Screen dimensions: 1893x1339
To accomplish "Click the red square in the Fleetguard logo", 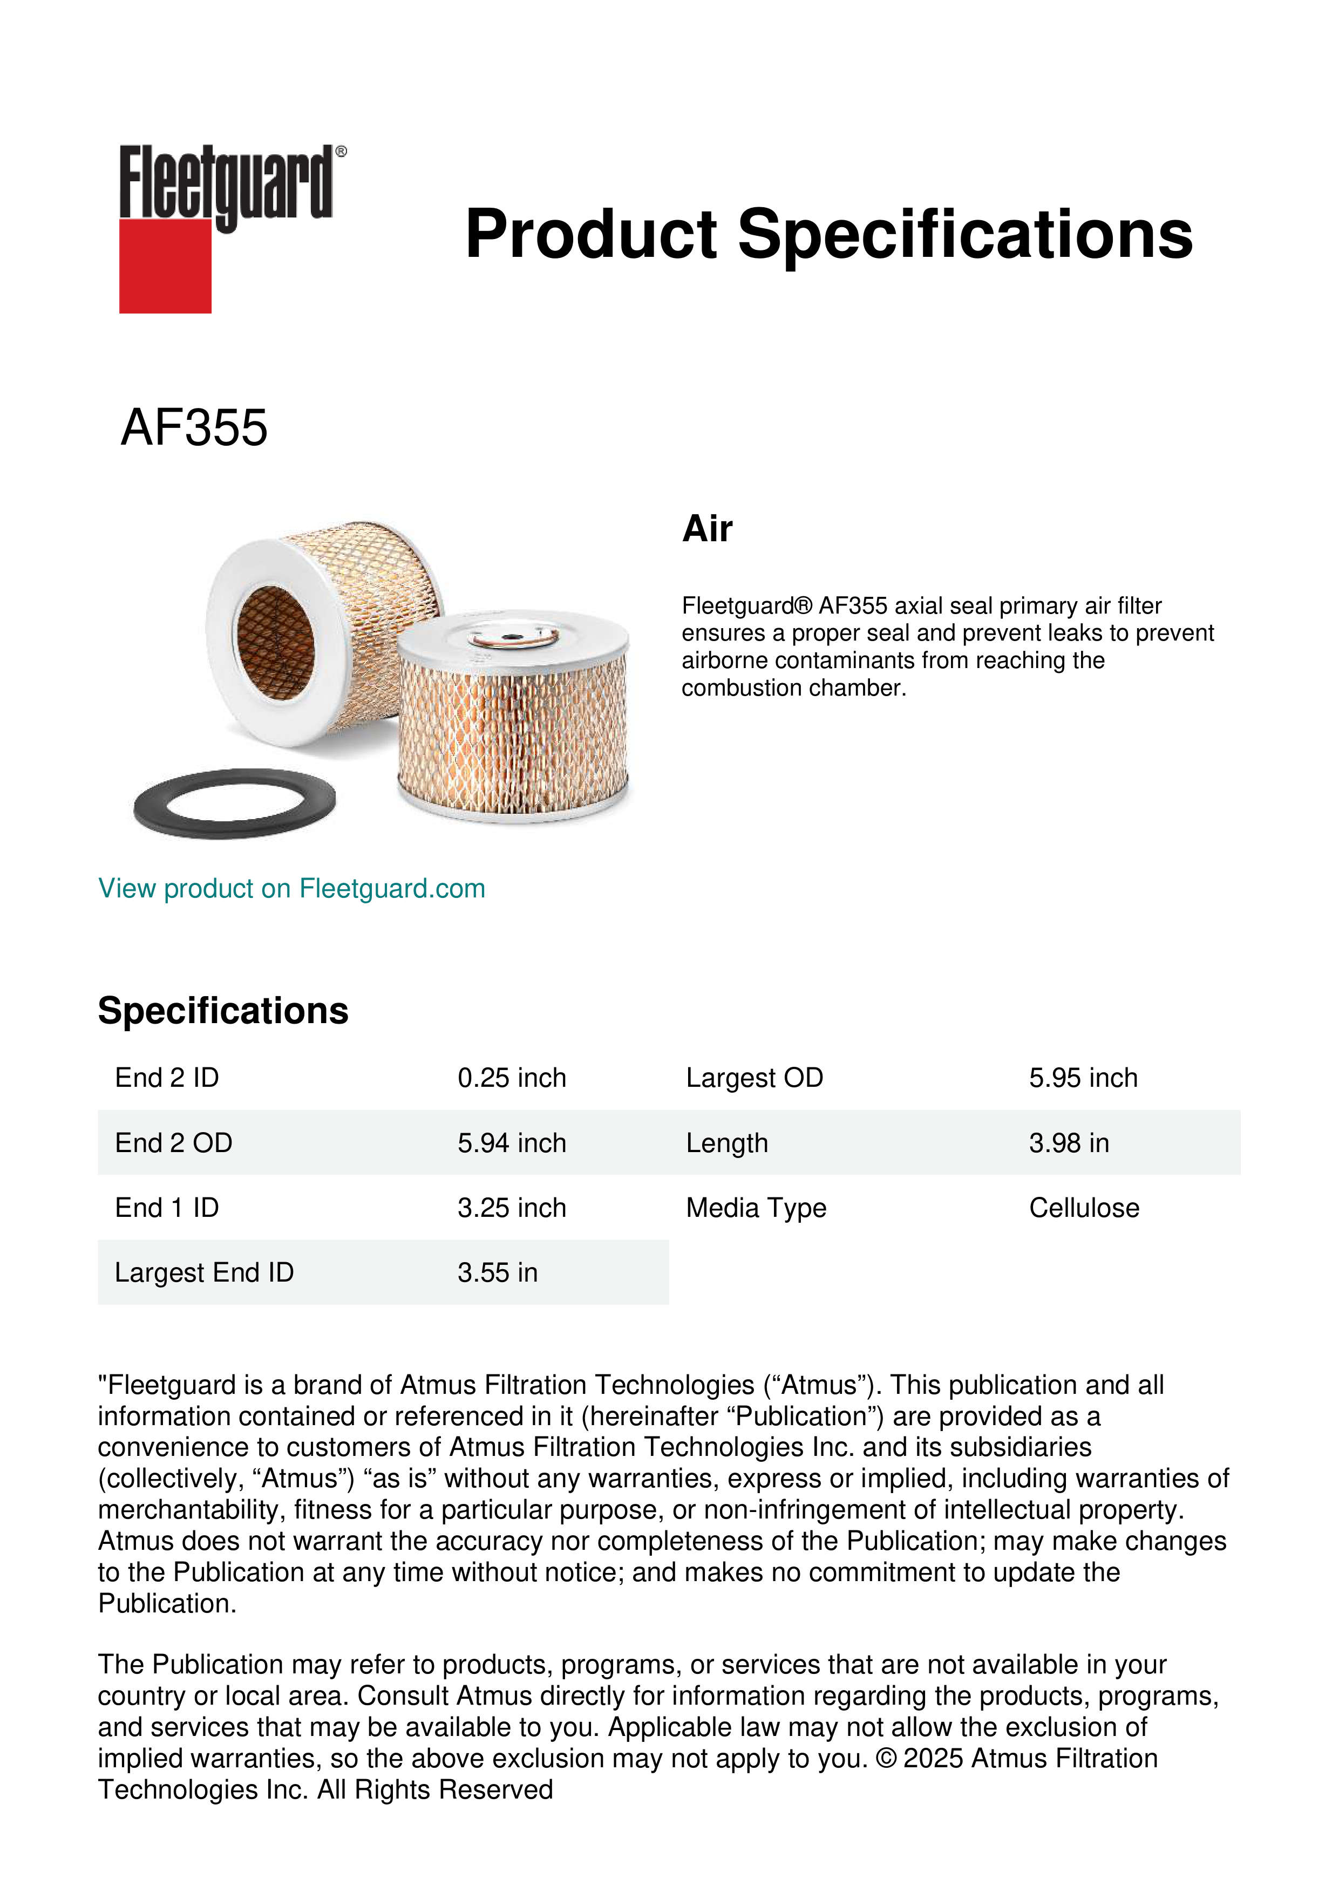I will (165, 265).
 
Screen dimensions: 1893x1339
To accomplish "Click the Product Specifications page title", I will (828, 234).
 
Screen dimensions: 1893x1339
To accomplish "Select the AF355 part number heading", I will (194, 428).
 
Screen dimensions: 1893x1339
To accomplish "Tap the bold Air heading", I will (706, 529).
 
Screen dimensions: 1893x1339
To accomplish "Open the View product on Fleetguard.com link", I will (291, 889).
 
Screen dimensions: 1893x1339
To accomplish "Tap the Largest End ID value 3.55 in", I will (497, 1272).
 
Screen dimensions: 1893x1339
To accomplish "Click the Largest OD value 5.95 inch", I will (1083, 1078).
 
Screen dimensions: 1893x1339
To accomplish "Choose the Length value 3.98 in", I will (1069, 1143).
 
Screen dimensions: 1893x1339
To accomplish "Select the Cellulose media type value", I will (1083, 1208).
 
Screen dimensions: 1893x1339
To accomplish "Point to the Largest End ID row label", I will (203, 1272).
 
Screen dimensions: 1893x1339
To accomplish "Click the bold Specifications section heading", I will (222, 1011).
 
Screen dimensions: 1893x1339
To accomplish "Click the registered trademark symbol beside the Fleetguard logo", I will (341, 152).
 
